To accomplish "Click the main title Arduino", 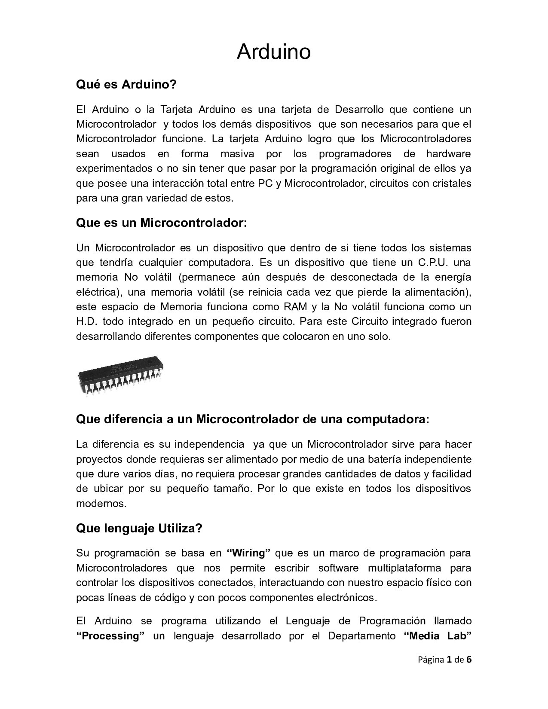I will (273, 52).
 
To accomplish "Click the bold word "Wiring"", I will (248, 552).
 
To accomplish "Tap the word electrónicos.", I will (343, 597).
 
